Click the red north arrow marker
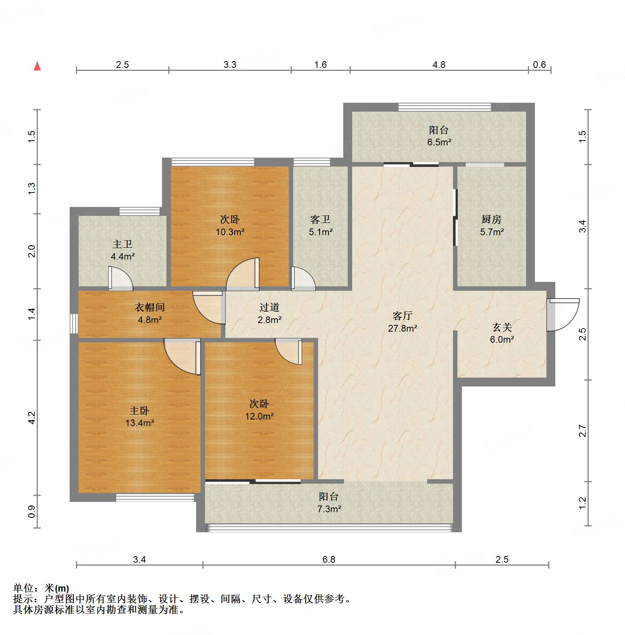coord(37,66)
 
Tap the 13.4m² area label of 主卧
coord(139,423)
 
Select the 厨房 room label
coord(491,220)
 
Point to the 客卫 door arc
coord(303,279)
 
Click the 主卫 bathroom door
coord(120,279)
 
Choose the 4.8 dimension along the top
coord(439,65)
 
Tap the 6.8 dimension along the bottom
coord(328,559)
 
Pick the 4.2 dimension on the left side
coord(32,418)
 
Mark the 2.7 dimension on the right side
coord(582,431)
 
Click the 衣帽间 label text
coord(149,307)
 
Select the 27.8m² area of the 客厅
coord(402,328)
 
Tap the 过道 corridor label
coord(269,307)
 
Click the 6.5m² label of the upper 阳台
coord(439,142)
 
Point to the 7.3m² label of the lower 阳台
coord(329,509)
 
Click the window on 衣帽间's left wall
coord(74,323)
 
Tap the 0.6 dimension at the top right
coord(539,65)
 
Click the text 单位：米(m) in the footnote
coord(41,588)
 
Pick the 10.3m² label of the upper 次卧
coord(230,232)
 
